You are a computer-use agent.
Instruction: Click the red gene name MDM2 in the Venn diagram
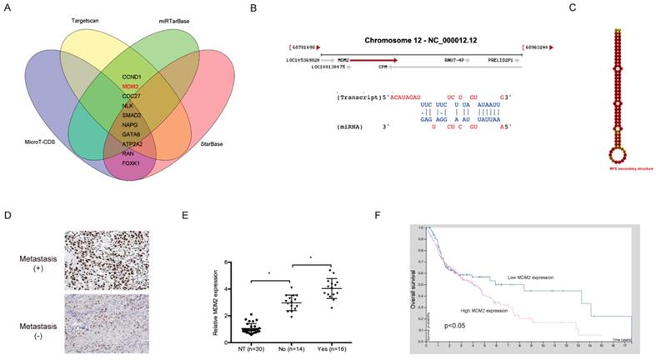[x=130, y=86]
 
